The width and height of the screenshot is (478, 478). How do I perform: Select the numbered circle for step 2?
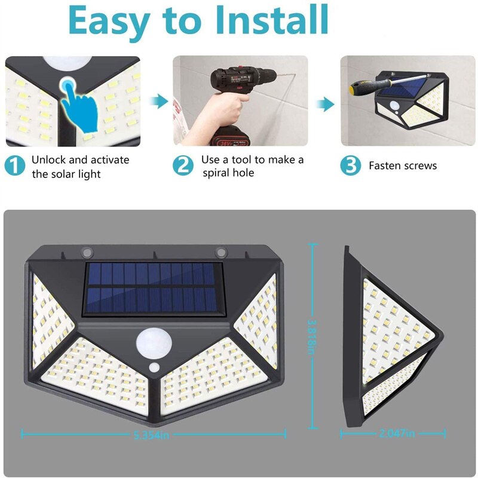pyautogui.click(x=184, y=166)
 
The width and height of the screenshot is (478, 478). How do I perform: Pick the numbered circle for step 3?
pyautogui.click(x=351, y=166)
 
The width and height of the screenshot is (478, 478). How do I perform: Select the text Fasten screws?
pyautogui.click(x=402, y=166)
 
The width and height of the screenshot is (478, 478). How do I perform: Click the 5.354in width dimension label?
pyautogui.click(x=152, y=435)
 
